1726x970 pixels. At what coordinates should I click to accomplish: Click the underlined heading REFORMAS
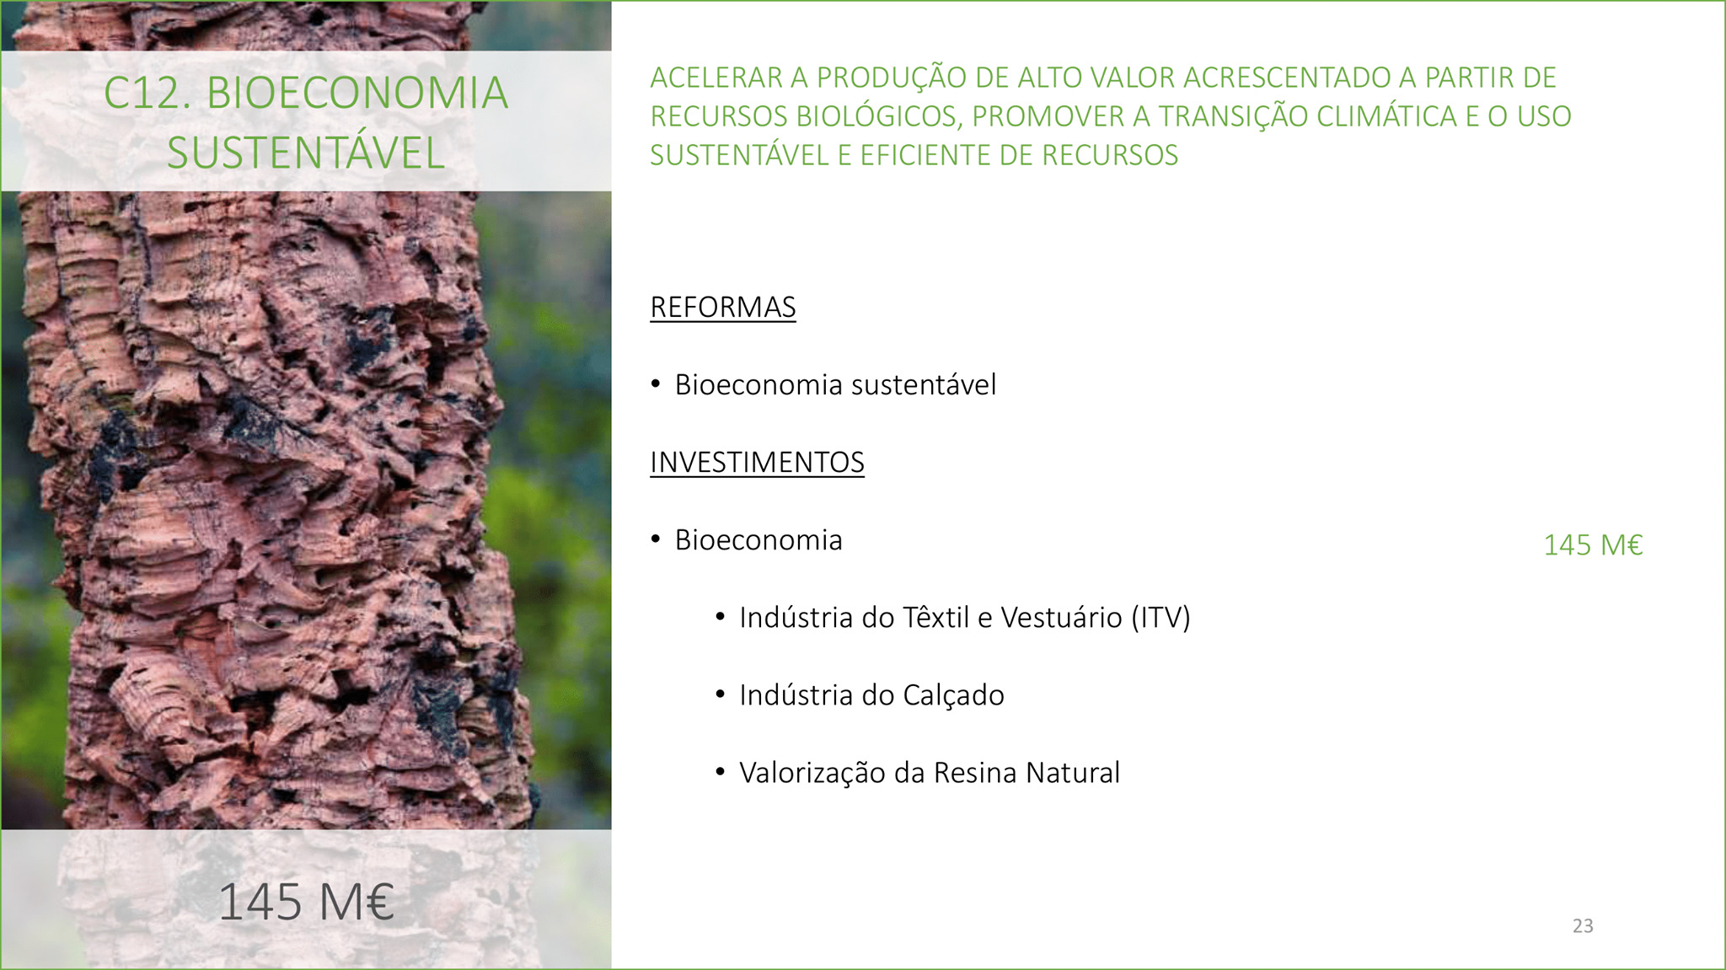click(x=723, y=308)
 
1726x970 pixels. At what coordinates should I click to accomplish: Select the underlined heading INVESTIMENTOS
click(x=757, y=463)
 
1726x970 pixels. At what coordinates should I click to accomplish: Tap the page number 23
click(x=1583, y=925)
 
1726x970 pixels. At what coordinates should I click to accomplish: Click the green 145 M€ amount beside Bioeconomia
click(x=1593, y=545)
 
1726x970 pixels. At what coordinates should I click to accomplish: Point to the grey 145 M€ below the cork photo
click(x=306, y=902)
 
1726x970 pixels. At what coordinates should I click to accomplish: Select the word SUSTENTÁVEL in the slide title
click(x=306, y=153)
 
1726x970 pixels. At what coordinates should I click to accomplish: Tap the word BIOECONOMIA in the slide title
click(x=357, y=93)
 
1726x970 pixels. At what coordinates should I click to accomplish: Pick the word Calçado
click(x=953, y=696)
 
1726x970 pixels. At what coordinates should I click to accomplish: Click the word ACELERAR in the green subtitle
click(x=716, y=78)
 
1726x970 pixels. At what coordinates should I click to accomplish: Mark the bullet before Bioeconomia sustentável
click(x=656, y=384)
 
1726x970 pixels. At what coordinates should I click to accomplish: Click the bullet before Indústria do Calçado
click(x=720, y=694)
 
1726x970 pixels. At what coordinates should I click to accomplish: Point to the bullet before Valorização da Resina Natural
click(x=720, y=772)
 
